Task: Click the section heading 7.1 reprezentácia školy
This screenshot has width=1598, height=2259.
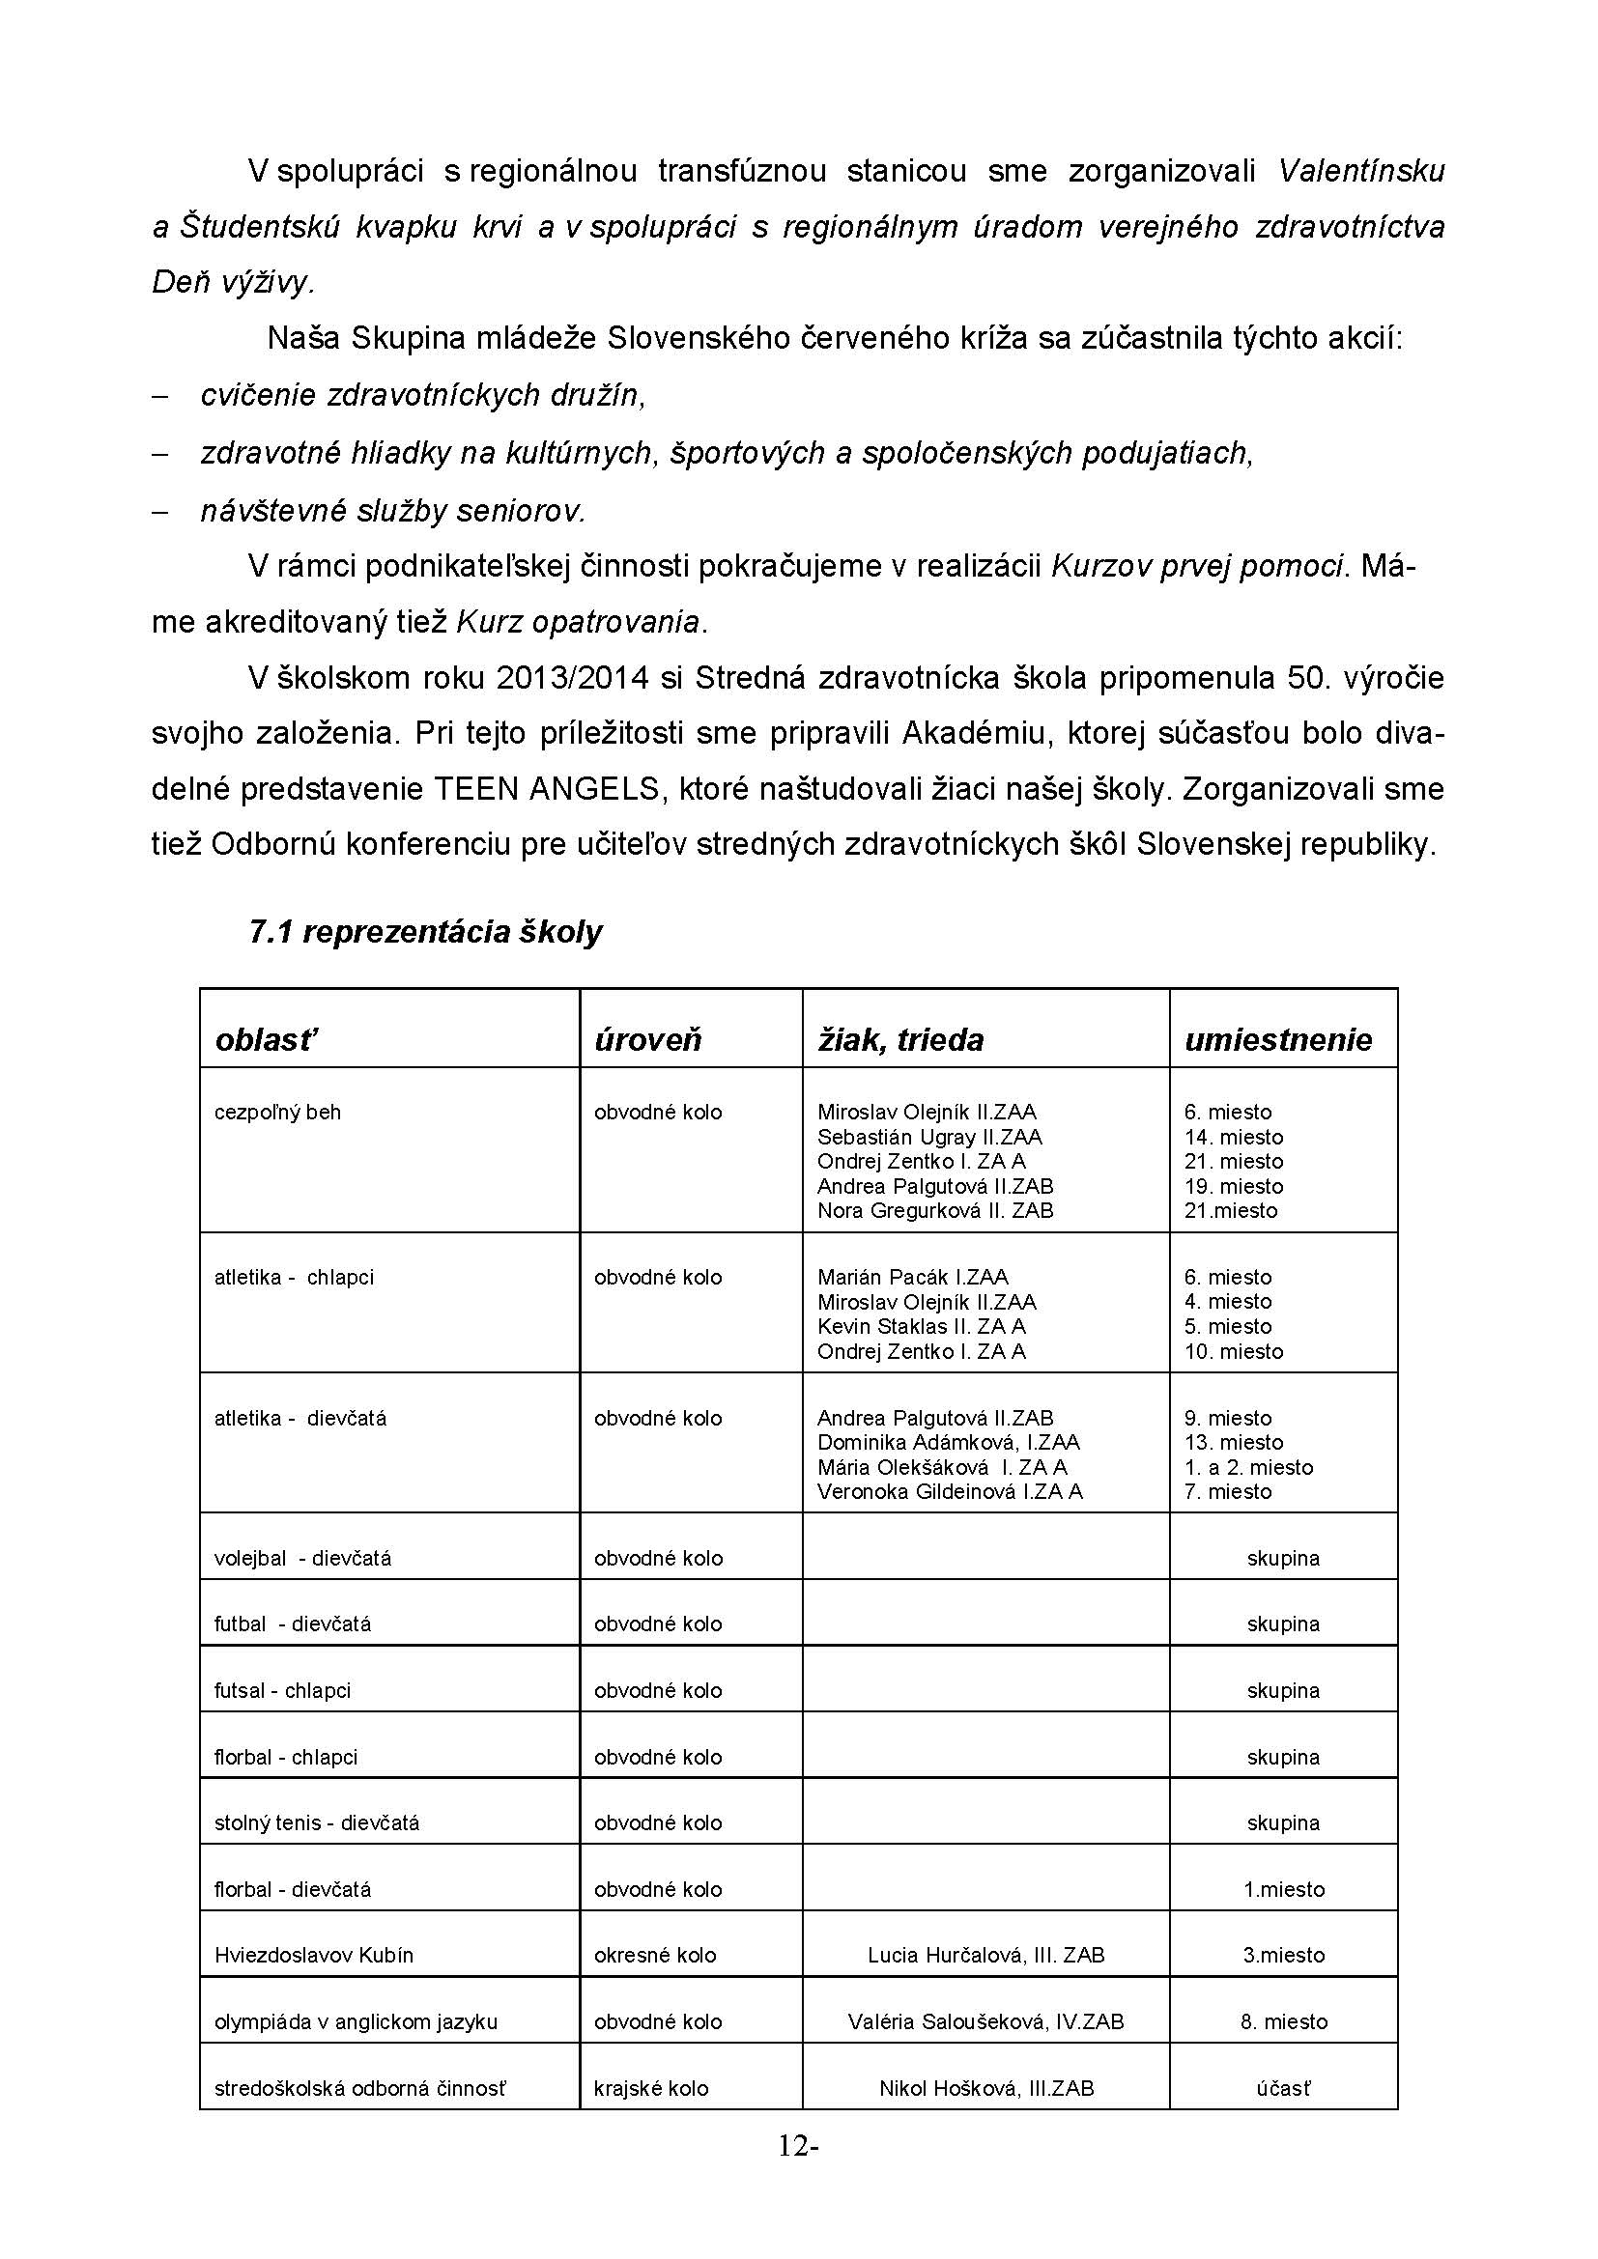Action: pyautogui.click(x=425, y=932)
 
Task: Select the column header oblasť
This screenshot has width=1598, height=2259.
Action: pyautogui.click(x=266, y=1040)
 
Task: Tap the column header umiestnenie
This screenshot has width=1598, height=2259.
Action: pyautogui.click(x=1277, y=1040)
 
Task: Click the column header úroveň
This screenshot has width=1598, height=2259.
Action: pyautogui.click(x=647, y=1040)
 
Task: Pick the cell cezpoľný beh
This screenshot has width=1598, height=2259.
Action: pyautogui.click(x=277, y=1112)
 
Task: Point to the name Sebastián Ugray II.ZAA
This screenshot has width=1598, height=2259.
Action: pyautogui.click(x=928, y=1137)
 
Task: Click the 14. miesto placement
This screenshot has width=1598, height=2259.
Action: pyautogui.click(x=1233, y=1137)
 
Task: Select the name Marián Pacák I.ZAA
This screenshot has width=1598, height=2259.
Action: pyautogui.click(x=912, y=1277)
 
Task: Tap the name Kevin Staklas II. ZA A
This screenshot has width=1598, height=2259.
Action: pyautogui.click(x=921, y=1326)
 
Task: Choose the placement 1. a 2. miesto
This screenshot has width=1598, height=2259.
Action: pyautogui.click(x=1247, y=1467)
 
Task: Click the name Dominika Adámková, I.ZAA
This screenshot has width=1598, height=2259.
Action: pyautogui.click(x=948, y=1442)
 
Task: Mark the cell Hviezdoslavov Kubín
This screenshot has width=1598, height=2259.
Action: pyautogui.click(x=314, y=1955)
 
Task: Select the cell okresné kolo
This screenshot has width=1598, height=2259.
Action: pyautogui.click(x=654, y=1955)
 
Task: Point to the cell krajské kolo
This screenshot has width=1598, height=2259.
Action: pyautogui.click(x=650, y=2088)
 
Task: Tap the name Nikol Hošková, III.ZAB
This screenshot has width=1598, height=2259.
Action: pyautogui.click(x=986, y=2088)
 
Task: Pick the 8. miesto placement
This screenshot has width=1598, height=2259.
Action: pyautogui.click(x=1283, y=2021)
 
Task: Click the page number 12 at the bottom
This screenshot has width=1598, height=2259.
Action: pyautogui.click(x=793, y=2146)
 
